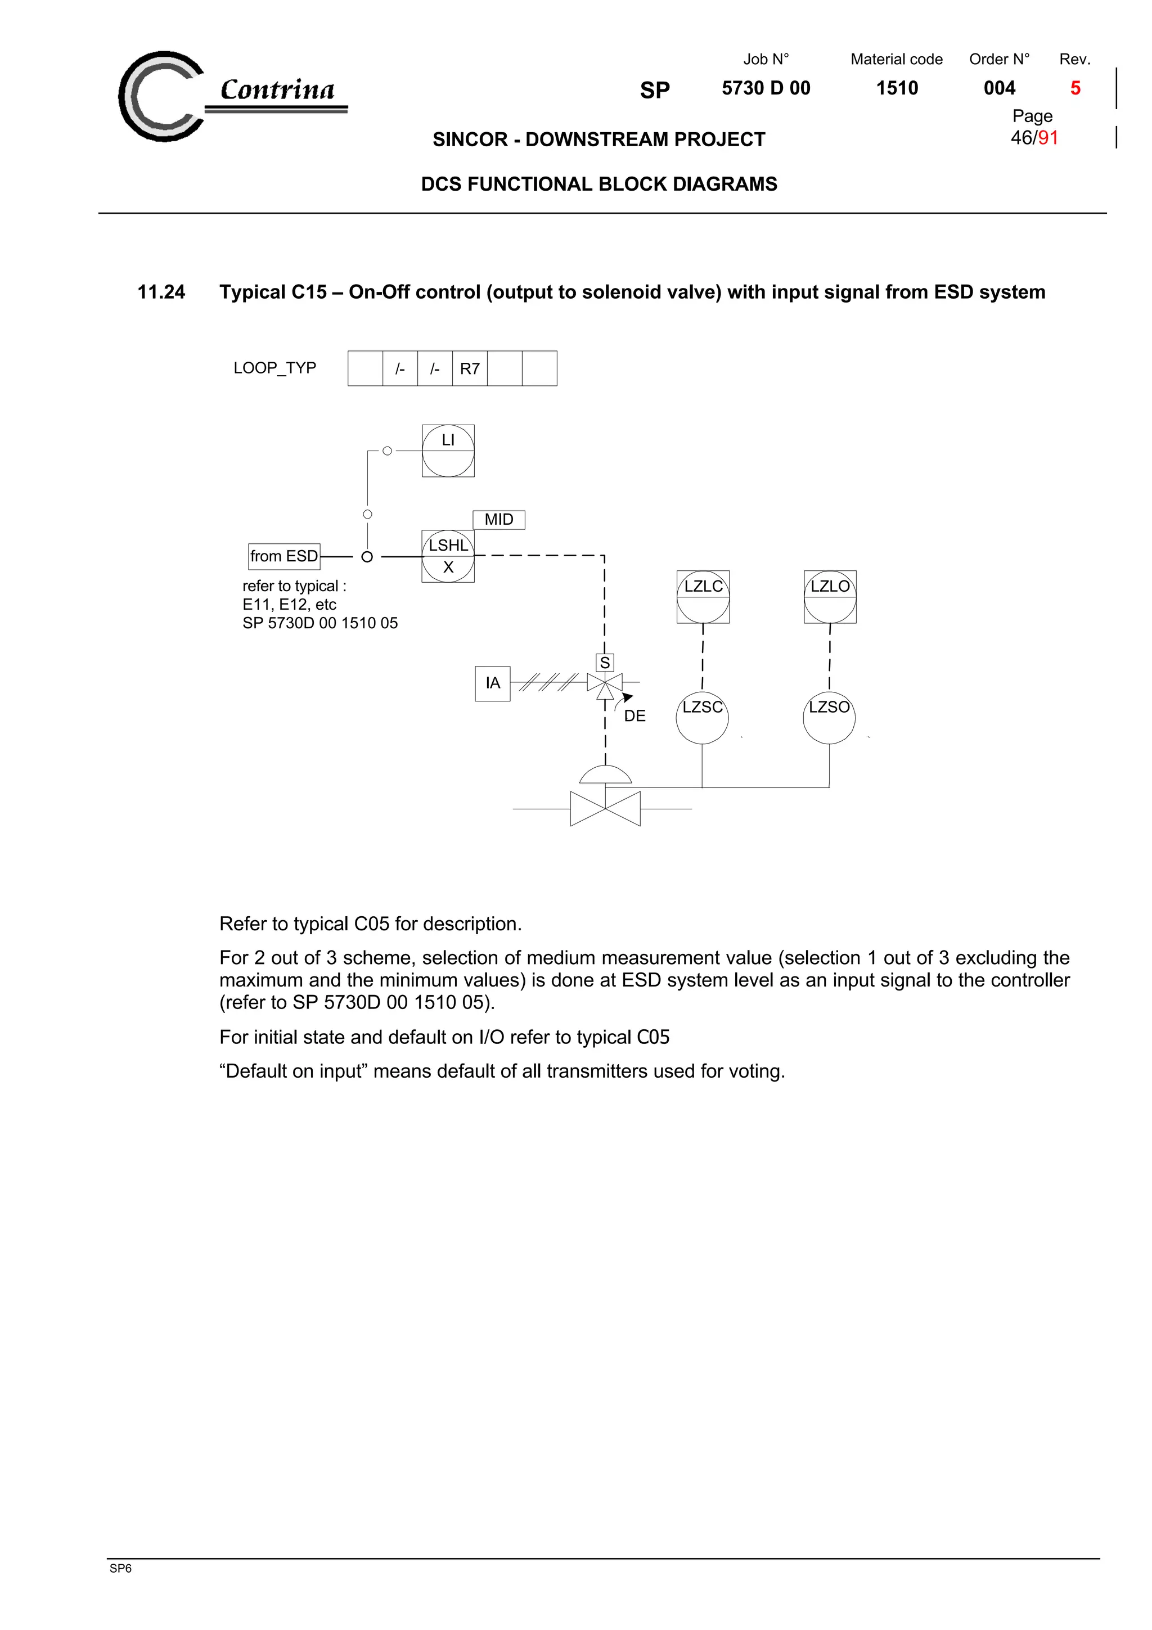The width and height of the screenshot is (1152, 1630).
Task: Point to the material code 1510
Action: coord(897,88)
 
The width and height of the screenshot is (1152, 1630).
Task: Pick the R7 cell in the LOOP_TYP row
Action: coord(469,368)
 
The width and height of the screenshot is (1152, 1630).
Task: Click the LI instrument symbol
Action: coord(448,451)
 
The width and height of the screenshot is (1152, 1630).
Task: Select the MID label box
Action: coord(498,520)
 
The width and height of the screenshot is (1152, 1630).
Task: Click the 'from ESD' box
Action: coord(284,556)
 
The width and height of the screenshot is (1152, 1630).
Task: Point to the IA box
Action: coord(493,683)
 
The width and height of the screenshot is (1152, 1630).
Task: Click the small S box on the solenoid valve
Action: coord(605,663)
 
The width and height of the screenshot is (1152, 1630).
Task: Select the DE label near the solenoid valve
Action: coord(634,715)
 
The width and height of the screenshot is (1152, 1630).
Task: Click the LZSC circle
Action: coord(702,717)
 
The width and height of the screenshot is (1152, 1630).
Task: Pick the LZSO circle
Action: coord(829,717)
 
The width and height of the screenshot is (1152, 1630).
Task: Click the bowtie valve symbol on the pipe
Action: coord(605,809)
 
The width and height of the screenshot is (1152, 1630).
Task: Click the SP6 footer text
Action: coord(121,1568)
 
